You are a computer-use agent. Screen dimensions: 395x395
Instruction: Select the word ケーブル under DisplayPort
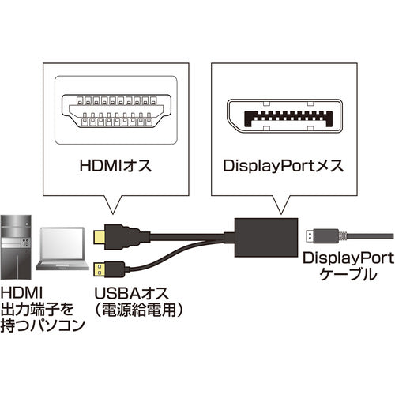[x=348, y=276]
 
